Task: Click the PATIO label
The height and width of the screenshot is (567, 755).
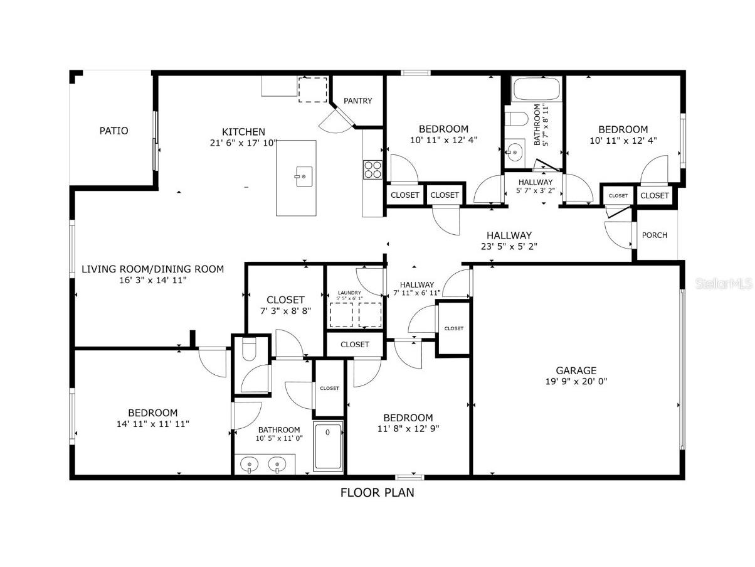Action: pos(114,131)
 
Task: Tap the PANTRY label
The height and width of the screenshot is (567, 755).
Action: pos(357,100)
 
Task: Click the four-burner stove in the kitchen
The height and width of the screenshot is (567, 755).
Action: pos(372,170)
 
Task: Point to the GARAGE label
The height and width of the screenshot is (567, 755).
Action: pos(576,370)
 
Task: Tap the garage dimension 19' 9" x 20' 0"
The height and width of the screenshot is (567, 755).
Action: pos(576,381)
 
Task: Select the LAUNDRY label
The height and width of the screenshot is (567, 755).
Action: pos(350,293)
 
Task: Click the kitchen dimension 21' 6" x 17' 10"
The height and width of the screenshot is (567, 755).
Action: pos(243,143)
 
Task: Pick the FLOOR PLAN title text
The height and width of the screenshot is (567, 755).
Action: pos(377,492)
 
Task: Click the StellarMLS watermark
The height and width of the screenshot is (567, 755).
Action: pos(724,284)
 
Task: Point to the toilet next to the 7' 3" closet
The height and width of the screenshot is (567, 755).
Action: pos(248,350)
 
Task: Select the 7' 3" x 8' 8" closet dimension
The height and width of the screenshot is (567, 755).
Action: pos(285,311)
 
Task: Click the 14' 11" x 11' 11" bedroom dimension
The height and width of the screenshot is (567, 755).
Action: pos(152,424)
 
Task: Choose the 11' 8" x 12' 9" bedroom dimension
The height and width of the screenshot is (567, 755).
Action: pos(408,429)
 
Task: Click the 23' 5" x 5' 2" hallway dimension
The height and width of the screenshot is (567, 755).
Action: pos(509,246)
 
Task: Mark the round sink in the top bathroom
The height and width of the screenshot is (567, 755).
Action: pos(515,152)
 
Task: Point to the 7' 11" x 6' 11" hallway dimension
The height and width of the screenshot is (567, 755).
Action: pos(417,293)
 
